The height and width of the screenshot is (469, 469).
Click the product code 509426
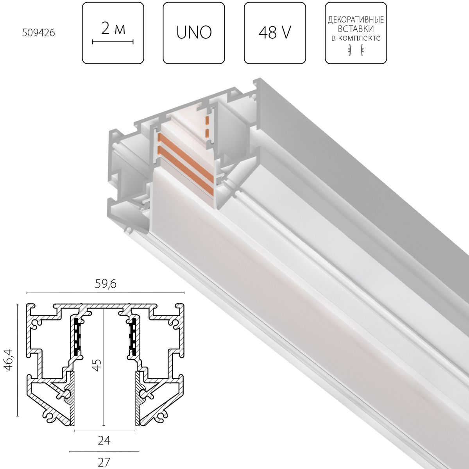tap(38, 33)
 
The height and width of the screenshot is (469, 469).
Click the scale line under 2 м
tap(113, 41)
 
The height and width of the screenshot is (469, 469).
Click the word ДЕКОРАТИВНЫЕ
tap(356, 20)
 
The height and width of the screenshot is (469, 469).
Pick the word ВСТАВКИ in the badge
tap(356, 29)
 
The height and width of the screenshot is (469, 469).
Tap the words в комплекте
tap(356, 38)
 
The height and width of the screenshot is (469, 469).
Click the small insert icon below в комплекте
tap(356, 50)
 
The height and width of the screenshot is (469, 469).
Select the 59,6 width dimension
tap(105, 285)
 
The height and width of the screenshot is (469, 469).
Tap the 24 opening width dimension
tap(104, 441)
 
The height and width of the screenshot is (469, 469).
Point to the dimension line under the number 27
tap(104, 451)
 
